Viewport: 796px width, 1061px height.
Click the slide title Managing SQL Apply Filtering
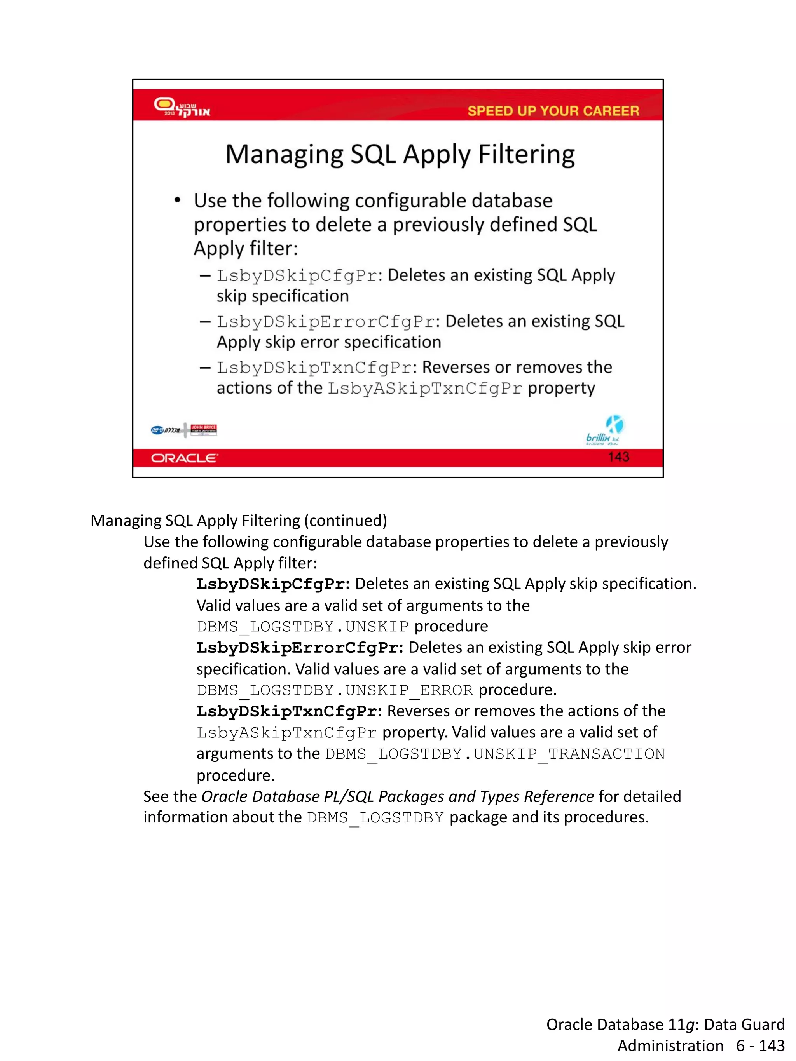pos(400,155)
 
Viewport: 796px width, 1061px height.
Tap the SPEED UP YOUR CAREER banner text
pos(553,111)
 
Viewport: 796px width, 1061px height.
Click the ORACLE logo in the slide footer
pos(184,458)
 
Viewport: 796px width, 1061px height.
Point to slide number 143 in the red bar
pos(618,456)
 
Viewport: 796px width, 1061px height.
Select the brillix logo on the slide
pos(604,431)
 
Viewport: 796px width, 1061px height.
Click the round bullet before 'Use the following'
pos(178,200)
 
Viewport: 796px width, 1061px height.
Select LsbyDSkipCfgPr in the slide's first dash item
pos(297,276)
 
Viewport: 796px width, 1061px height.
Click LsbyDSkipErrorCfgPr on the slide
pos(326,322)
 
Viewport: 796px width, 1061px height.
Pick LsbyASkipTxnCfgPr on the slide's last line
pos(425,388)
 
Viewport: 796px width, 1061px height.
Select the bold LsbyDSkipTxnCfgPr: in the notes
pos(289,711)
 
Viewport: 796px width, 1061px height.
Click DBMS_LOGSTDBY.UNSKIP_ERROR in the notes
pos(334,690)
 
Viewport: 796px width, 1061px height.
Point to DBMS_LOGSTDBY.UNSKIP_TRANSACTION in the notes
pos(495,754)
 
